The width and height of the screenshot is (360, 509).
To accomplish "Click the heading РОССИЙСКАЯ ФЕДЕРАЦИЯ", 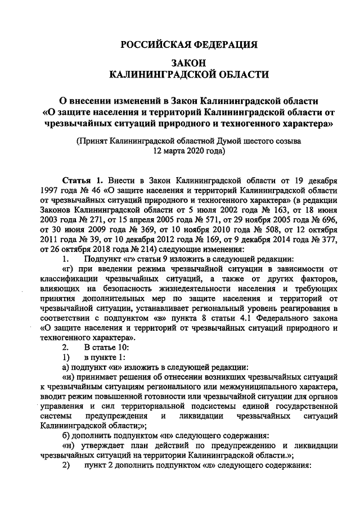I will pyautogui.click(x=190, y=45).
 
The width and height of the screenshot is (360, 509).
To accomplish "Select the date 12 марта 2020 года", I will pyautogui.click(x=190, y=151).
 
